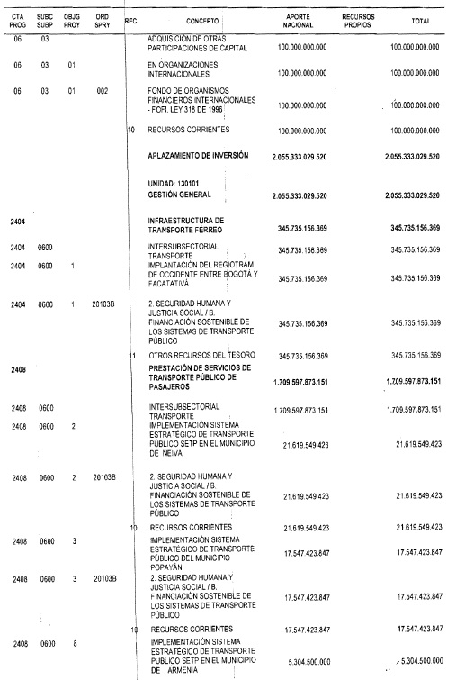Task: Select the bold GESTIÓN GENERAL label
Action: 180,195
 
